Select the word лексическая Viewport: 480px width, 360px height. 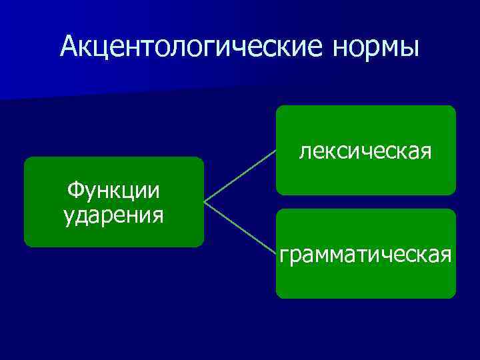click(x=365, y=152)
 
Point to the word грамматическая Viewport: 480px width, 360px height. click(x=366, y=254)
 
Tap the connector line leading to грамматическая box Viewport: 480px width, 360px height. click(x=240, y=227)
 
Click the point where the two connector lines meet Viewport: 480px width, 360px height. click(x=205, y=201)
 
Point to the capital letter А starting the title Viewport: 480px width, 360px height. click(x=68, y=47)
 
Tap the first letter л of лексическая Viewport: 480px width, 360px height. click(x=305, y=153)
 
